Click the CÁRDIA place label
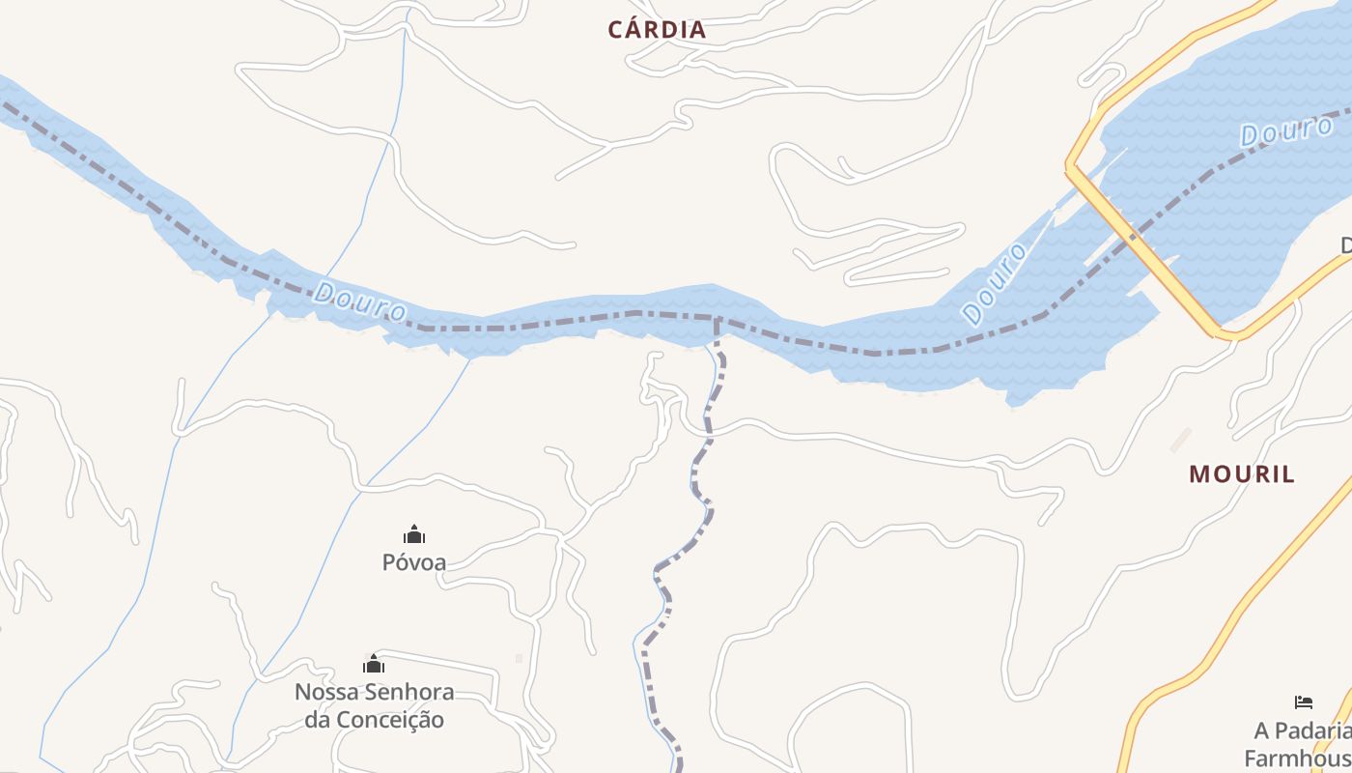coord(657,30)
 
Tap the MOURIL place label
coord(1241,474)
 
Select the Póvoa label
coord(414,561)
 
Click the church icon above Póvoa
coord(414,534)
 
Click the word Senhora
coord(409,693)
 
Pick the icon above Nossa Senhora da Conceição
coord(374,664)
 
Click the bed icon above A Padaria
coord(1304,702)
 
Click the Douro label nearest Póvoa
coord(360,301)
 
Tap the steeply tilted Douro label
coord(995,284)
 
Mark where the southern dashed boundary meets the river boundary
coord(718,320)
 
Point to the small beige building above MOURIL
coord(1180,441)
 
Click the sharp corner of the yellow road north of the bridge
coord(1069,166)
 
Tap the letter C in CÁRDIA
coord(615,30)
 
